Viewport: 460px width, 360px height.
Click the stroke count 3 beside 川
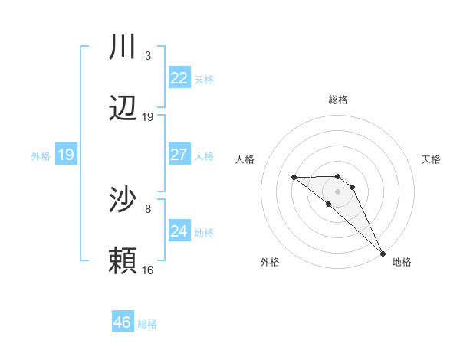pos(147,56)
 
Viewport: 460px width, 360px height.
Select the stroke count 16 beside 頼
pos(148,270)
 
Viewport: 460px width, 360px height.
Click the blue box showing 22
pos(179,77)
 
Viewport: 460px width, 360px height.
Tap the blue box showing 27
pos(179,155)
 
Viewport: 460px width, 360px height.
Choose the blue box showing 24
pos(179,231)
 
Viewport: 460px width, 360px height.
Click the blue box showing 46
pos(122,322)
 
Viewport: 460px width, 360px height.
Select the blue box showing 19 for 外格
pos(65,155)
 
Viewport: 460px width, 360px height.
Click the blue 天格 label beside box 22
pos(204,79)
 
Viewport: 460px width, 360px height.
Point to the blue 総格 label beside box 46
pos(147,324)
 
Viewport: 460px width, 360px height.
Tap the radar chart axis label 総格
pos(338,100)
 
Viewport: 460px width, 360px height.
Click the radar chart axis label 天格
pos(432,159)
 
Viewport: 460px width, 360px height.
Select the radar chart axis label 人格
pos(245,159)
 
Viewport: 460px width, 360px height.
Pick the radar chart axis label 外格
pos(270,263)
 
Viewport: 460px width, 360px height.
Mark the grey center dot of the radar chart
pos(338,191)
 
